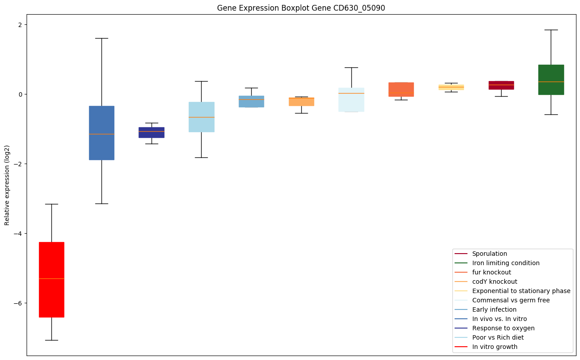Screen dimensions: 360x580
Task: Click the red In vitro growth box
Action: (x=51, y=279)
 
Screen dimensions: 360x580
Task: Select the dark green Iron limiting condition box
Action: (x=551, y=80)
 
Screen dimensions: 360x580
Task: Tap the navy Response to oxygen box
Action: (x=152, y=133)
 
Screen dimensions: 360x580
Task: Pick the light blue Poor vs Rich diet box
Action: (x=201, y=117)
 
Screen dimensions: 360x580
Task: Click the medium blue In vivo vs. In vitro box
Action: (x=101, y=133)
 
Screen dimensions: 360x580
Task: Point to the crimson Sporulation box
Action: (x=501, y=85)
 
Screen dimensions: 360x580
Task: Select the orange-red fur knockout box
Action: (x=401, y=90)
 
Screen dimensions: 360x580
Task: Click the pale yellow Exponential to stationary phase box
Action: (x=451, y=87)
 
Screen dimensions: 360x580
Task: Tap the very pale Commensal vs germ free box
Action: (x=351, y=100)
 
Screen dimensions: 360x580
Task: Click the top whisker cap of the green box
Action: (x=551, y=30)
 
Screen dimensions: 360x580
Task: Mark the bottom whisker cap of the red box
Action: (x=51, y=340)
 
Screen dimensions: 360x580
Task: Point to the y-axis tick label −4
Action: (x=17, y=233)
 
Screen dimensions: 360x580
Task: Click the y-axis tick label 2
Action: (x=20, y=24)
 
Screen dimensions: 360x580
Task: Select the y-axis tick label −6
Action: (x=17, y=303)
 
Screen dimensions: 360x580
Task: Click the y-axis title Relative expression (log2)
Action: (x=7, y=185)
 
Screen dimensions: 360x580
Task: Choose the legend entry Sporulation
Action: (x=489, y=254)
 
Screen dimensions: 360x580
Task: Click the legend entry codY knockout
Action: (x=494, y=282)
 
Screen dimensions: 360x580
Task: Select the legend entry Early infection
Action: (x=494, y=309)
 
